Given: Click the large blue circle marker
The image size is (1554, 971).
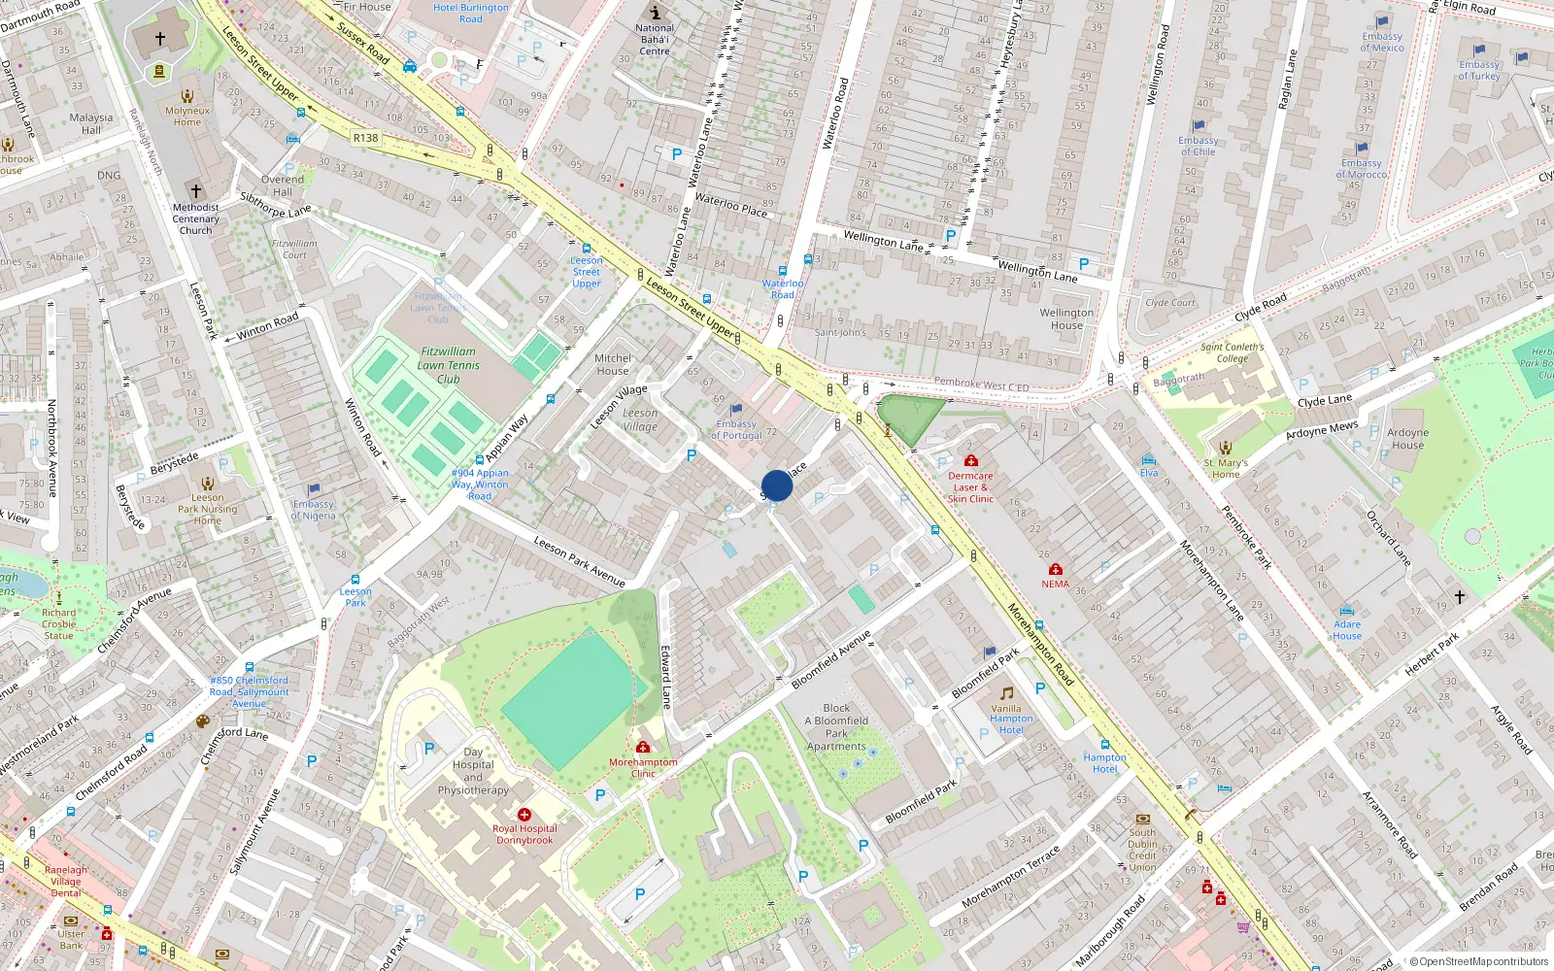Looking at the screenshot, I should point(777,485).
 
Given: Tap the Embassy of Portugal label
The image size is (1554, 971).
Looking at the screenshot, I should point(736,429).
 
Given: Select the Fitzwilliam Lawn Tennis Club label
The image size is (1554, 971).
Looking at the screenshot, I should point(449,365).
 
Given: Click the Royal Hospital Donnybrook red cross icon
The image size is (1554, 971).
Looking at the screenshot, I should point(524,815).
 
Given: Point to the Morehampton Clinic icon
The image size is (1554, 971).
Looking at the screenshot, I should point(643,747).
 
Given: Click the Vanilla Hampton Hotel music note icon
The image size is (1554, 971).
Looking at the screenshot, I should point(1007,693).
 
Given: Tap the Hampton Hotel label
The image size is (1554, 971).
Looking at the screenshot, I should point(1104,763).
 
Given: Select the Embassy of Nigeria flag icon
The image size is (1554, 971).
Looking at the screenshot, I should point(314,489).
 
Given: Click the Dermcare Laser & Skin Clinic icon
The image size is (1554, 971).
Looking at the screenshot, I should point(970,460).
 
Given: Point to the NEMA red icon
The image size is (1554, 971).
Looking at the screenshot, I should point(1056,569).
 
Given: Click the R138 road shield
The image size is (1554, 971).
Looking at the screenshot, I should point(365,138).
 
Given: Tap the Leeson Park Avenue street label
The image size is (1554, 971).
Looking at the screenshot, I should point(579,561).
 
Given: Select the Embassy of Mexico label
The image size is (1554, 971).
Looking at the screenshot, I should point(1381,42).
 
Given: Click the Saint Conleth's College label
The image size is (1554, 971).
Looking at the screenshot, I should point(1233,352).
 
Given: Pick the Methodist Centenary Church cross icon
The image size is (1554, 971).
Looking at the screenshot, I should point(195,191).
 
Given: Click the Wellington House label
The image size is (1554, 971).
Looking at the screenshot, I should point(1066,318).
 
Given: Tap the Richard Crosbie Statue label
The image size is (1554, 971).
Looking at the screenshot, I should point(58,623).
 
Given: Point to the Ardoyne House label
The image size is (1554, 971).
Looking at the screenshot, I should point(1407,439).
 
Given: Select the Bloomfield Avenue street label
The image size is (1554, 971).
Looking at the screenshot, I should point(831,660).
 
